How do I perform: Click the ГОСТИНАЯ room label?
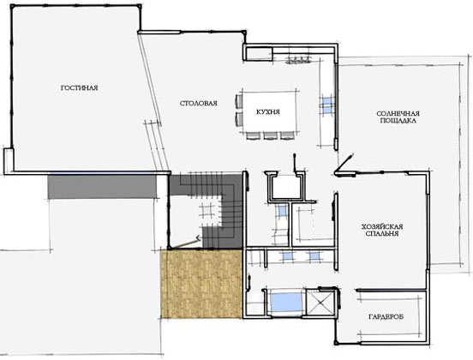pyautogui.click(x=80, y=87)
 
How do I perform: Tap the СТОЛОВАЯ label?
pyautogui.click(x=199, y=103)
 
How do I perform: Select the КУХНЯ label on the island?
pyautogui.click(x=268, y=112)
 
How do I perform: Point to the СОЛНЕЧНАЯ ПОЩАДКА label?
pyautogui.click(x=398, y=117)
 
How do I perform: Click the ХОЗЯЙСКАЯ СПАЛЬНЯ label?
pyautogui.click(x=382, y=230)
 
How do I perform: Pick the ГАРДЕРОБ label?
pyautogui.click(x=386, y=317)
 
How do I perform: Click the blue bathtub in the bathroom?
pyautogui.click(x=286, y=302)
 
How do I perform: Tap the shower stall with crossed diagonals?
pyautogui.click(x=320, y=303)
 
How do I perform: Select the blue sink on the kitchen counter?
pyautogui.click(x=327, y=105)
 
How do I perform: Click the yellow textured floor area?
pyautogui.click(x=202, y=284)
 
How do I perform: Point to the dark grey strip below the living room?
pyautogui.click(x=103, y=187)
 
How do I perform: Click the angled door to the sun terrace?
pyautogui.click(x=344, y=164)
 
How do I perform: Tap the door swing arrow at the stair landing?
pyautogui.click(x=184, y=243)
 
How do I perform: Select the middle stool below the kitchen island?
pyautogui.click(x=268, y=135)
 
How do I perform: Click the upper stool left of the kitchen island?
pyautogui.click(x=238, y=101)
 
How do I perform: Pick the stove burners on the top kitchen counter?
pyautogui.click(x=298, y=59)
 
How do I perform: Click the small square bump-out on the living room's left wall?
pyautogui.click(x=9, y=161)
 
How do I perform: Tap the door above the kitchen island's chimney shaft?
pyautogui.click(x=296, y=165)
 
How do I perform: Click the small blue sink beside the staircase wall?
pyautogui.click(x=283, y=211)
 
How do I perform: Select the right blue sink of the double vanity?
pyautogui.click(x=314, y=256)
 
